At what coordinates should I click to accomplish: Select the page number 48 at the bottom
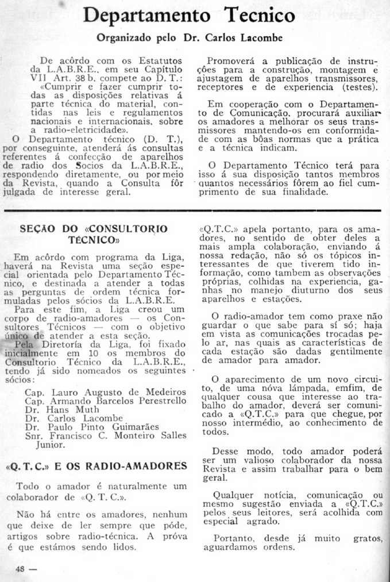pos(21,569)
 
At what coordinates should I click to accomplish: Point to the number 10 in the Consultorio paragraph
pos(96,353)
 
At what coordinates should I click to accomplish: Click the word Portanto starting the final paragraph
pos(232,538)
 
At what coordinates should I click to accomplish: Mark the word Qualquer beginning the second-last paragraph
pos(233,495)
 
